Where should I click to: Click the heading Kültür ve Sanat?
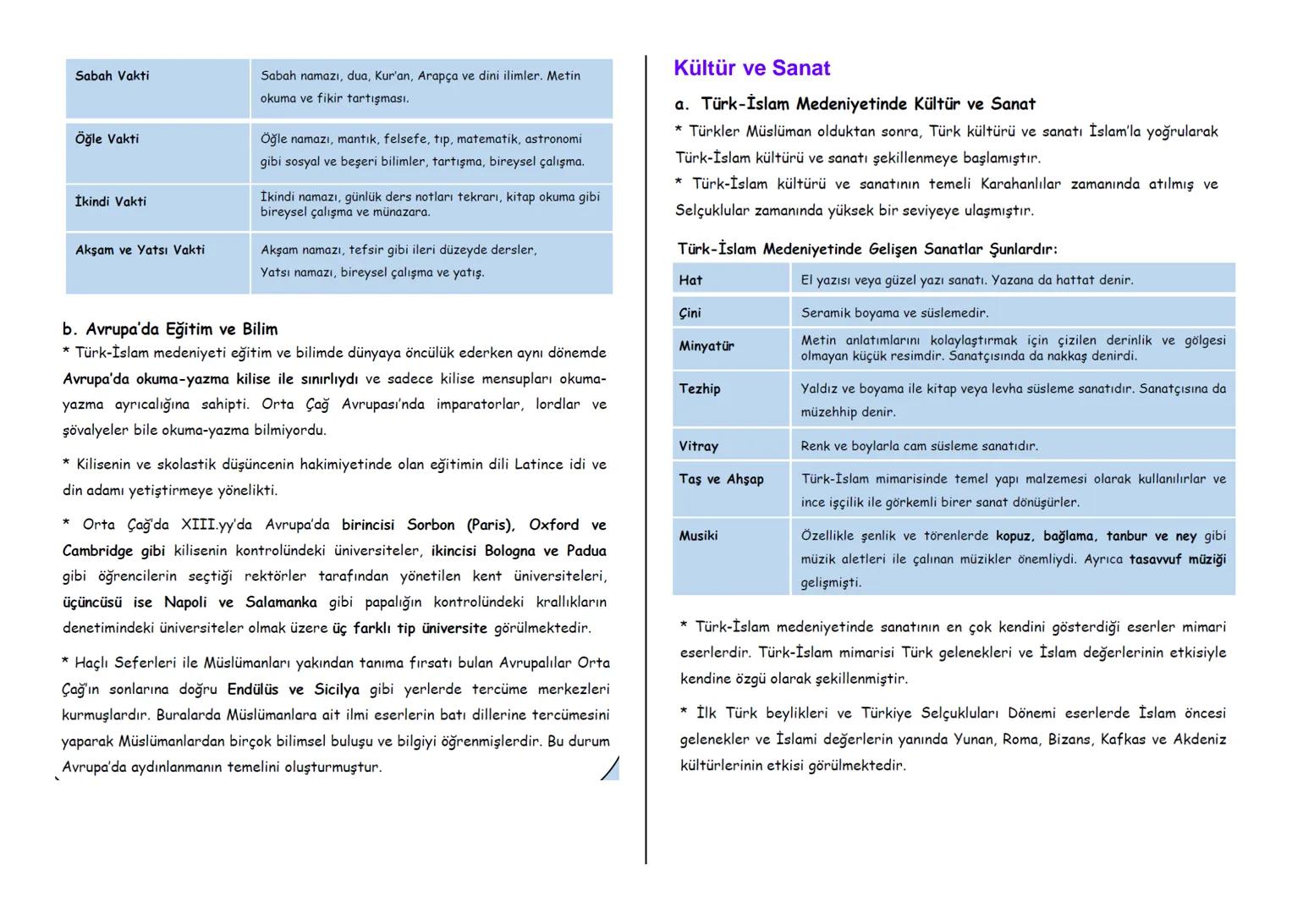(x=751, y=69)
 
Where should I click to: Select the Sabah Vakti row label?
(x=112, y=76)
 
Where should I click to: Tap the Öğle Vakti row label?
(x=107, y=139)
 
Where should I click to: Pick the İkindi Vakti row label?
(x=110, y=201)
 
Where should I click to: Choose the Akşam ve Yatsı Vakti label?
(x=140, y=250)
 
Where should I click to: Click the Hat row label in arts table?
(x=690, y=280)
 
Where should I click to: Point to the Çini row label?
(x=690, y=313)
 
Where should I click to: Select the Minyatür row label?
(x=706, y=346)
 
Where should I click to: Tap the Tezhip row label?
(x=700, y=388)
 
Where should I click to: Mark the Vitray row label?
(x=698, y=446)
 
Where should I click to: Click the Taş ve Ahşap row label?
(x=721, y=479)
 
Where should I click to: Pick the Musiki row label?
(x=698, y=536)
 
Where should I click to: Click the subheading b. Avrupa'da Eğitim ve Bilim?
(x=170, y=329)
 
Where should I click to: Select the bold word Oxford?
(x=553, y=525)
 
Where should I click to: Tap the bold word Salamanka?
(x=281, y=603)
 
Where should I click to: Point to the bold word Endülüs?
(x=252, y=690)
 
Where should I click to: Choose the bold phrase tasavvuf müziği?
(x=1177, y=559)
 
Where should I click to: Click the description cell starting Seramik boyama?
(x=894, y=313)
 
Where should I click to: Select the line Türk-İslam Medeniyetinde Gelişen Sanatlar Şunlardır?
(x=867, y=249)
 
